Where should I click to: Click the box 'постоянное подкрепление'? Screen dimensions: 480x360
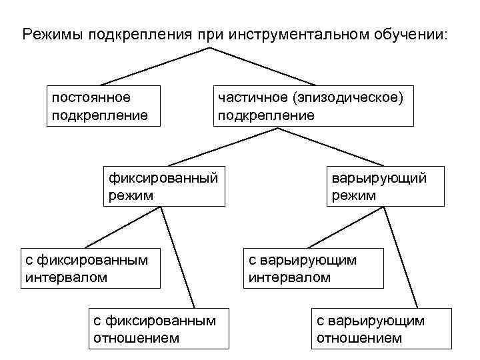tap(105, 106)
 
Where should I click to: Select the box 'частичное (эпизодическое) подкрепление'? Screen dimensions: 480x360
tap(313, 106)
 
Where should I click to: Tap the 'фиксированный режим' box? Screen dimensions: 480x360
tap(163, 186)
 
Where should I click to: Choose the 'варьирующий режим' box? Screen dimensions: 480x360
tap(385, 186)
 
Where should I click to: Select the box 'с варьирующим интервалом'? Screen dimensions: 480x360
tap(313, 268)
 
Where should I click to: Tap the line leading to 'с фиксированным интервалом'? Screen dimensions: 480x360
tap(123, 227)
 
